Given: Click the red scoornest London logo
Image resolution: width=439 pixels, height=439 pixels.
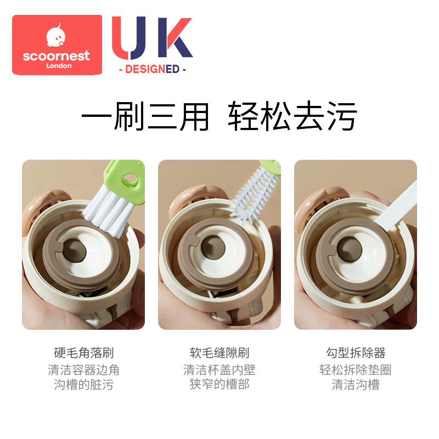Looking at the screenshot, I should [57, 44].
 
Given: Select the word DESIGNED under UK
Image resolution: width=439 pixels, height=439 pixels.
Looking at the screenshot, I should [152, 69].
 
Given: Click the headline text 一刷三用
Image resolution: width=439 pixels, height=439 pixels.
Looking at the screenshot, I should [145, 116].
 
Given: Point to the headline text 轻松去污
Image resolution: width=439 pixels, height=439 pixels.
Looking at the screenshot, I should [293, 116].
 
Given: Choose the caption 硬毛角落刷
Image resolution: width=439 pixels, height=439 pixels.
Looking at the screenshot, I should [83, 352].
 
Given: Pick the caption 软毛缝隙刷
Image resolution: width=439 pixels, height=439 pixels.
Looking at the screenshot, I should [219, 352].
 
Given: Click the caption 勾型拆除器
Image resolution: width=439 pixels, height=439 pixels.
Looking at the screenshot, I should [356, 352].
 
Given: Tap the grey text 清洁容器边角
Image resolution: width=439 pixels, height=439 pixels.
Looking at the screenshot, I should [83, 370].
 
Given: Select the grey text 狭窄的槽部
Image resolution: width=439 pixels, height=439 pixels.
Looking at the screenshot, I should [219, 384].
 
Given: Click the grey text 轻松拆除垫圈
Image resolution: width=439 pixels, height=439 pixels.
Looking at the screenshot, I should [356, 370].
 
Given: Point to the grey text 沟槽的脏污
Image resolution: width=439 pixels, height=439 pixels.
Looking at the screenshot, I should [83, 384].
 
